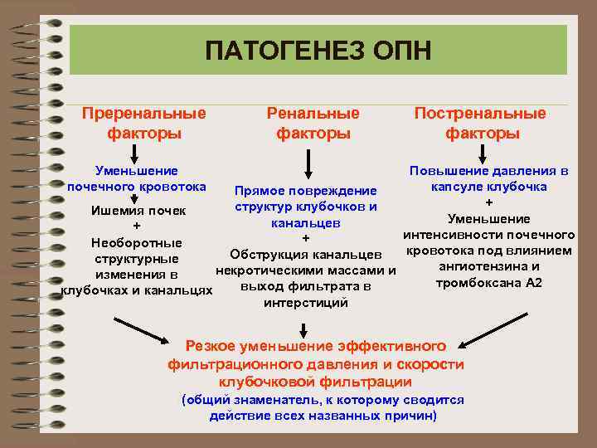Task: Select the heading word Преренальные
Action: (x=143, y=113)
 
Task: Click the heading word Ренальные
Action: (x=313, y=113)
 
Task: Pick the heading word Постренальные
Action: (x=481, y=113)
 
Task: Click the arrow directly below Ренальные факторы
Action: (x=308, y=161)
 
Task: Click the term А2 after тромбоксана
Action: (x=533, y=282)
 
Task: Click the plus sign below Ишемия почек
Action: (x=137, y=226)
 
